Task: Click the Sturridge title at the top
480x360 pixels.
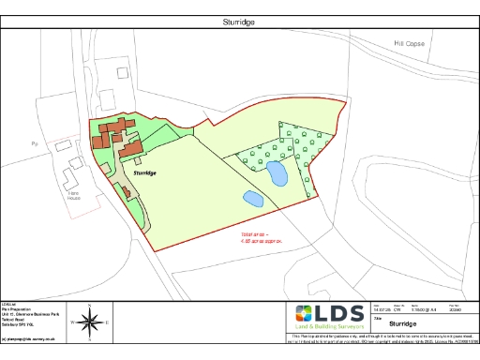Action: (240, 21)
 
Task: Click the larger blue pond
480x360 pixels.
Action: (276, 172)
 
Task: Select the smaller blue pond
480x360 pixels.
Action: (252, 198)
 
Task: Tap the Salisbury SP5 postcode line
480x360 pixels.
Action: (20, 323)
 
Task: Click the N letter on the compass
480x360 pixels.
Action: (91, 307)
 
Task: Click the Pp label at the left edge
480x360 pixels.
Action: (33, 143)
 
